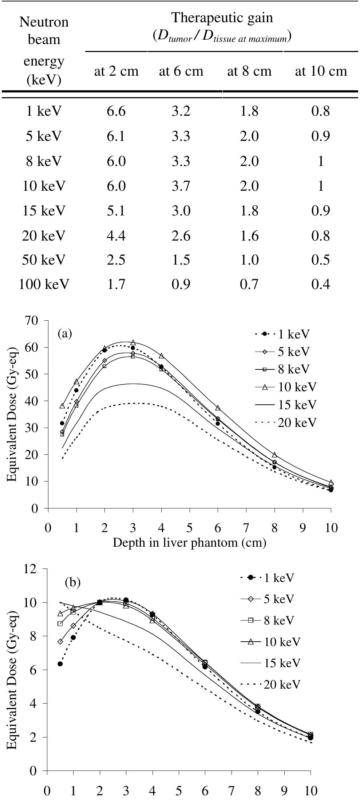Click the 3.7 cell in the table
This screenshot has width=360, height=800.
(181, 186)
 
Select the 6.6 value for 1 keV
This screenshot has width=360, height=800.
(116, 111)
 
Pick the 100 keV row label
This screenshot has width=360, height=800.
(44, 284)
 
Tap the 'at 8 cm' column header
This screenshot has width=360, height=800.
(249, 71)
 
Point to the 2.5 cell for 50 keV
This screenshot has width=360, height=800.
(116, 260)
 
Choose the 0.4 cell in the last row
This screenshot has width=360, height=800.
(321, 284)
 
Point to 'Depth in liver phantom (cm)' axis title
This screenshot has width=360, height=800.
(189, 543)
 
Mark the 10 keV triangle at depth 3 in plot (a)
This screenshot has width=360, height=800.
(133, 342)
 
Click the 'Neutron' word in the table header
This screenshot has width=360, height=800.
(44, 23)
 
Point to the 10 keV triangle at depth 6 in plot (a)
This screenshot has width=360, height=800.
(218, 408)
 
